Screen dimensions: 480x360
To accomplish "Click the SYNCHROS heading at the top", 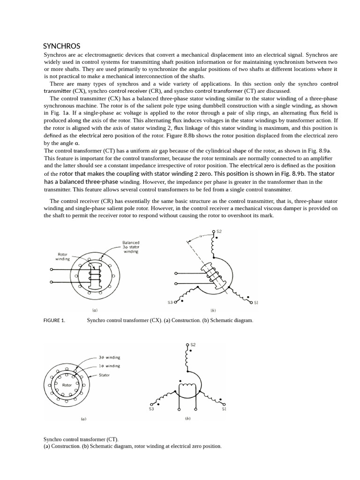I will click(x=61, y=46).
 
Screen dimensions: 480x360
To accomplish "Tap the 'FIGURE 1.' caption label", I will click(x=54, y=321).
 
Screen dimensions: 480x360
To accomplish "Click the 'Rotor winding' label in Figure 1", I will click(x=62, y=257).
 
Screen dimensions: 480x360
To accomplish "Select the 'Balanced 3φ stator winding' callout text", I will click(x=131, y=247).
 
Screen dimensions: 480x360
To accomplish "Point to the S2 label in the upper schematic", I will click(x=219, y=232).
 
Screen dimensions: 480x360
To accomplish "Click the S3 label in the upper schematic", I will click(x=170, y=302).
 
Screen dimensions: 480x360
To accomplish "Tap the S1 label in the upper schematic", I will click(x=256, y=302).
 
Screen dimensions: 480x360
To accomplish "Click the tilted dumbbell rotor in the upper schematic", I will click(x=213, y=277).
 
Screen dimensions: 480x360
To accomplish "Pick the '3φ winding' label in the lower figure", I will click(x=109, y=357).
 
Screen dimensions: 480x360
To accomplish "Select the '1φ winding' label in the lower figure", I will click(x=109, y=366).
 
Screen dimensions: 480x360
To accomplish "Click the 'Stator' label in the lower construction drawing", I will click(x=104, y=375).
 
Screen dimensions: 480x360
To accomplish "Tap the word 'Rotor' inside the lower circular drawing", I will click(x=67, y=385).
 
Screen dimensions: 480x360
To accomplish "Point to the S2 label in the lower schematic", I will click(x=193, y=345).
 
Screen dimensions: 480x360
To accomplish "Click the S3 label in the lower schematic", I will click(x=151, y=409).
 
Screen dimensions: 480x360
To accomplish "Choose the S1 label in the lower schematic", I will click(x=224, y=409).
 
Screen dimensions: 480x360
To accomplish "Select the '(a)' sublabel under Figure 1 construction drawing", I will click(x=95, y=310).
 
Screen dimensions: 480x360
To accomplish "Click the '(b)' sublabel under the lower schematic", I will click(x=187, y=419).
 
